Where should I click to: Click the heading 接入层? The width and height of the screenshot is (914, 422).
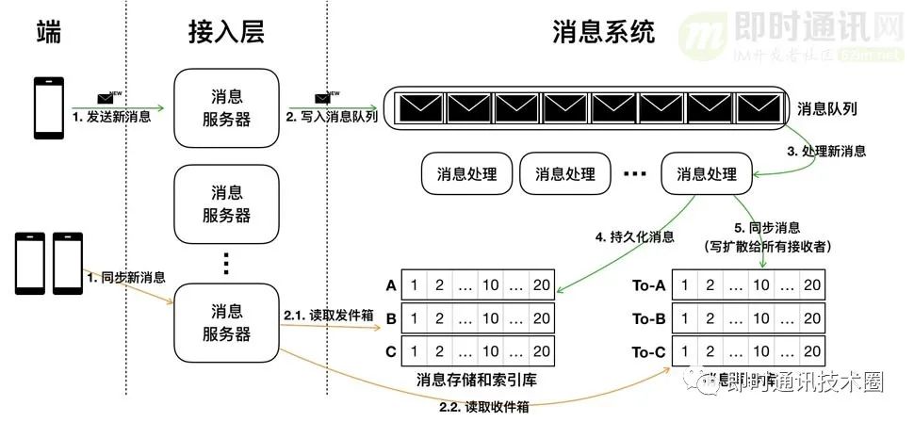pyautogui.click(x=226, y=33)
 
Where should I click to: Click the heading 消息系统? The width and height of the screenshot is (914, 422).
pyautogui.click(x=602, y=33)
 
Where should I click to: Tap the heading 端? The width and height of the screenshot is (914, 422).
pyautogui.click(x=48, y=33)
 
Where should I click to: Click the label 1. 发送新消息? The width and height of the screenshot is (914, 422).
pyautogui.click(x=111, y=117)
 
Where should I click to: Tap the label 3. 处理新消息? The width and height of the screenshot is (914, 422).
pyautogui.click(x=826, y=151)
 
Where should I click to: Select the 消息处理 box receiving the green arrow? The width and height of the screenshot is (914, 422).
pyautogui.click(x=706, y=174)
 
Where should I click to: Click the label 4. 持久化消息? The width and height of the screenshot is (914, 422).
pyautogui.click(x=633, y=237)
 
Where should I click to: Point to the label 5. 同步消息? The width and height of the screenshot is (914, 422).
pyautogui.click(x=766, y=227)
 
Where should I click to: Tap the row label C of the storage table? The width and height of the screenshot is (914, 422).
pyautogui.click(x=390, y=351)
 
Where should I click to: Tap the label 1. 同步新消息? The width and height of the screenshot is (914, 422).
pyautogui.click(x=125, y=278)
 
